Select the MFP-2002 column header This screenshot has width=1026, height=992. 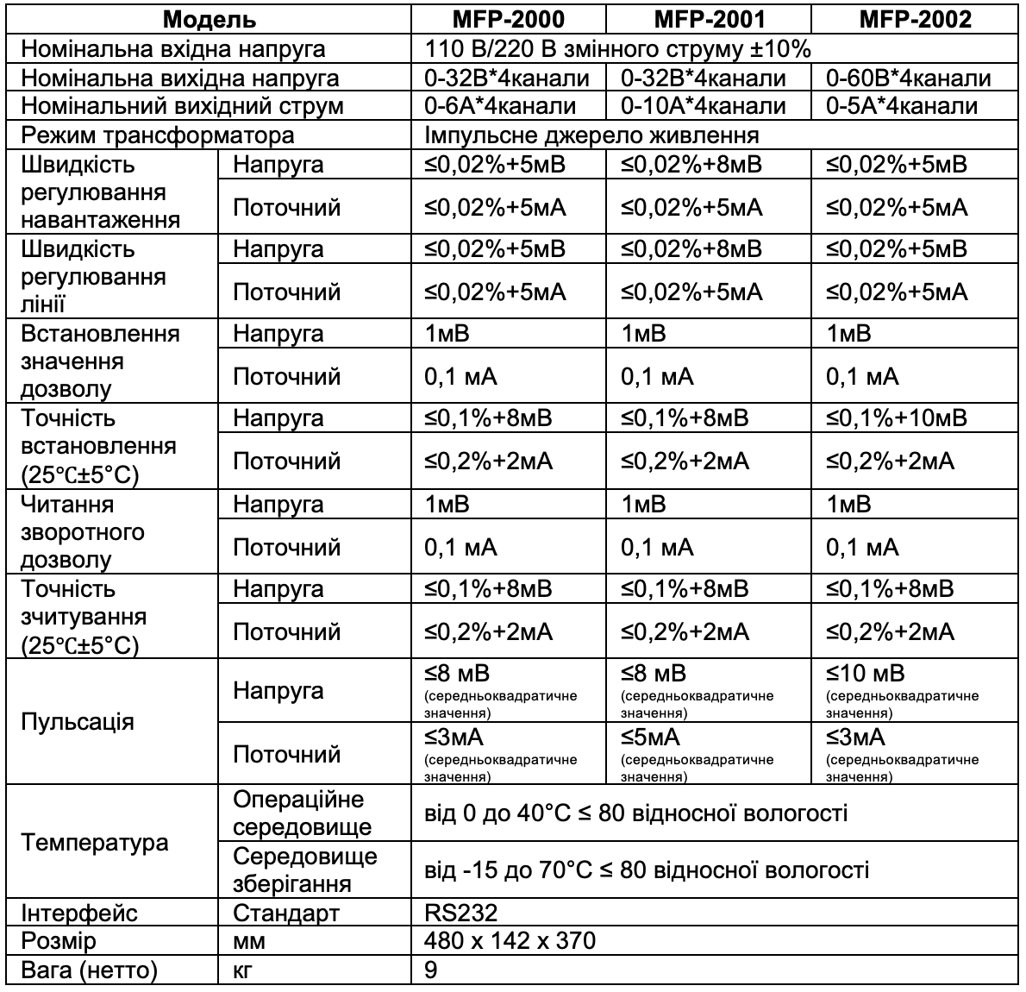916,20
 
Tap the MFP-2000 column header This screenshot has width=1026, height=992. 509,20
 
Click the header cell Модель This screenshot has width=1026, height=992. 210,20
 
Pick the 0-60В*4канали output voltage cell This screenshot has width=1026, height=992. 908,78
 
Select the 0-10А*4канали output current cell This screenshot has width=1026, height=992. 704,106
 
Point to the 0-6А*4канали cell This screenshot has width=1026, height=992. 500,106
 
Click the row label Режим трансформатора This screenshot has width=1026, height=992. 158,135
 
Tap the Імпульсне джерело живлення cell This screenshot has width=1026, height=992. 591,135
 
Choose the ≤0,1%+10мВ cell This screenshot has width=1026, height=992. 897,418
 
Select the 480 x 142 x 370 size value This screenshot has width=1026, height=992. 510,940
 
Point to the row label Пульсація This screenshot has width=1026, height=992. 78,721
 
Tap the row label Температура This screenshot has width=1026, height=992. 95,842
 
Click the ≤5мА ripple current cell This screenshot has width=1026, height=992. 650,738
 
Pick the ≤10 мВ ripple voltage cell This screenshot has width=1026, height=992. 865,675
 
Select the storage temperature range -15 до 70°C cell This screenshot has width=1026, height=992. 647,870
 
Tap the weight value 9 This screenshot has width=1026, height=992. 431,970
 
